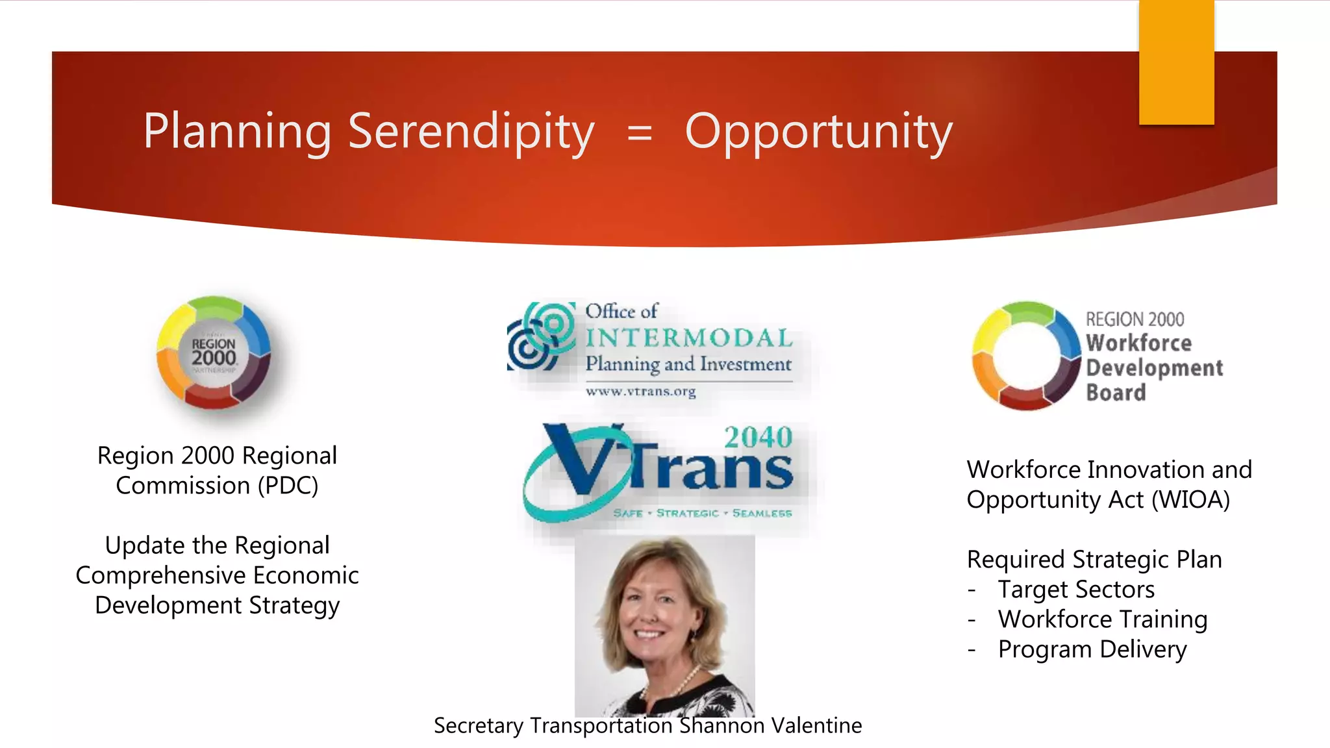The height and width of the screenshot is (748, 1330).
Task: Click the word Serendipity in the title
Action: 471,131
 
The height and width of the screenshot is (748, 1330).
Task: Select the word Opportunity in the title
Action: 818,132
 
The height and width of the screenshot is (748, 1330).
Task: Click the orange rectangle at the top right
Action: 1176,62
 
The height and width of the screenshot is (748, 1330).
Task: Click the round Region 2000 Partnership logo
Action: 214,353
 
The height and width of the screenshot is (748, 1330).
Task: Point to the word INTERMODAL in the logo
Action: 688,338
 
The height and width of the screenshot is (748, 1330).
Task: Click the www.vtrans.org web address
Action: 640,392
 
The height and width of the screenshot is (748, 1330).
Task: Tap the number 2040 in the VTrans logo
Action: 758,438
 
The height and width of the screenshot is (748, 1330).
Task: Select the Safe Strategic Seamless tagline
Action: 702,513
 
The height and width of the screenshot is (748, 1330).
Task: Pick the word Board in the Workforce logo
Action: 1116,393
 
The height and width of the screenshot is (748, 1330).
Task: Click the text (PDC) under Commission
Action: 288,486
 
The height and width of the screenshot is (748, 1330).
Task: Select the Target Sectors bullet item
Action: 1076,590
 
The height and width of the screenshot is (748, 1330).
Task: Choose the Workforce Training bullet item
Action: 1102,619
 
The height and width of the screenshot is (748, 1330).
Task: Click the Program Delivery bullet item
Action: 1092,649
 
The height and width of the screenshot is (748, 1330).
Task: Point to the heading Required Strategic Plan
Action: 1094,560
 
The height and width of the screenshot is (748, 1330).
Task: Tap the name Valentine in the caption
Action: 816,725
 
